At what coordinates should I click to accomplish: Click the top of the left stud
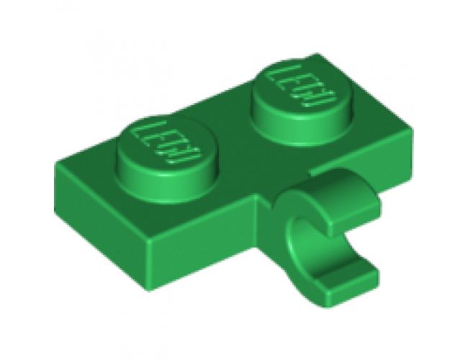tap(162, 144)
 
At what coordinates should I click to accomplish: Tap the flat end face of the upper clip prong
tap(372, 204)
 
